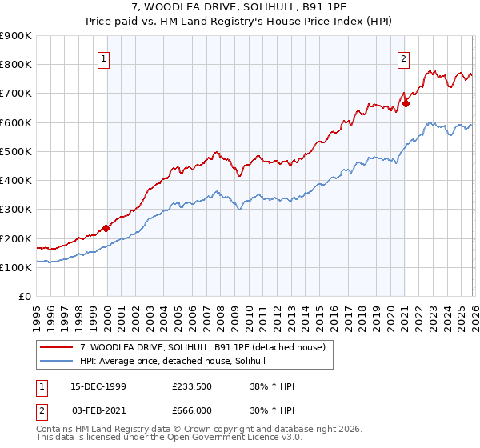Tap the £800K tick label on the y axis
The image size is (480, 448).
pyautogui.click(x=16, y=64)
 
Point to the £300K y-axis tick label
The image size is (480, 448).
pyautogui.click(x=16, y=210)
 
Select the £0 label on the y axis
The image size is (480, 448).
pyautogui.click(x=26, y=297)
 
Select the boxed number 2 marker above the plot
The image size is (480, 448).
pyautogui.click(x=405, y=58)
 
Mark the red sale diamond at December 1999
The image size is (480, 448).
pyautogui.click(x=106, y=228)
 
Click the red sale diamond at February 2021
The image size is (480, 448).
pyautogui.click(x=406, y=102)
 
